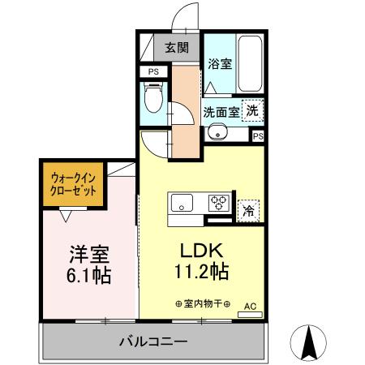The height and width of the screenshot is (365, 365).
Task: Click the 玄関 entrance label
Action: [177, 47]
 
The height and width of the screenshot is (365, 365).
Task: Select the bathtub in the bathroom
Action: [249, 65]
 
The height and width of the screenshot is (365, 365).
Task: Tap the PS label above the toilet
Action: [153, 72]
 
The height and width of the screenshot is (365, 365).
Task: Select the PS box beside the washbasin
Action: [258, 136]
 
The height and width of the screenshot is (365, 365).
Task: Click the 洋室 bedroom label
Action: [88, 253]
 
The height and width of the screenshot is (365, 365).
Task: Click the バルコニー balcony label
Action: [154, 341]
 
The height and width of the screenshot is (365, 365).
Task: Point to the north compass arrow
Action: [309, 342]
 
